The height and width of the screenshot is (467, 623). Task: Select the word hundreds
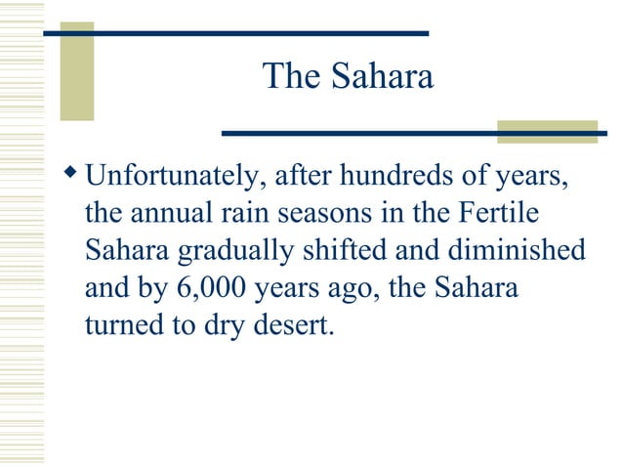coord(390,179)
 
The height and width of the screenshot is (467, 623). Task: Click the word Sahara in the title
coord(382,76)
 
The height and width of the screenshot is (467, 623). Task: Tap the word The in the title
coord(293,76)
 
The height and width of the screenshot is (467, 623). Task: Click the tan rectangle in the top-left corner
coord(77,71)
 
